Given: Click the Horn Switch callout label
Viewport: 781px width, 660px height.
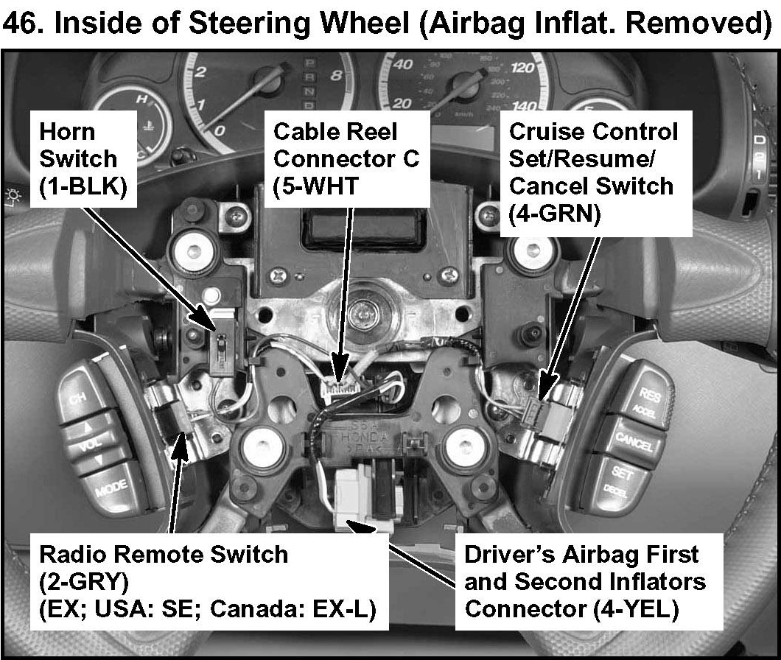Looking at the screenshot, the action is (78, 159).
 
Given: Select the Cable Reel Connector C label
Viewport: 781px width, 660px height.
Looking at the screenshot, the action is (346, 159).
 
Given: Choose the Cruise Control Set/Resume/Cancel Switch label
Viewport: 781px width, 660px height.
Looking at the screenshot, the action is (592, 172).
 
